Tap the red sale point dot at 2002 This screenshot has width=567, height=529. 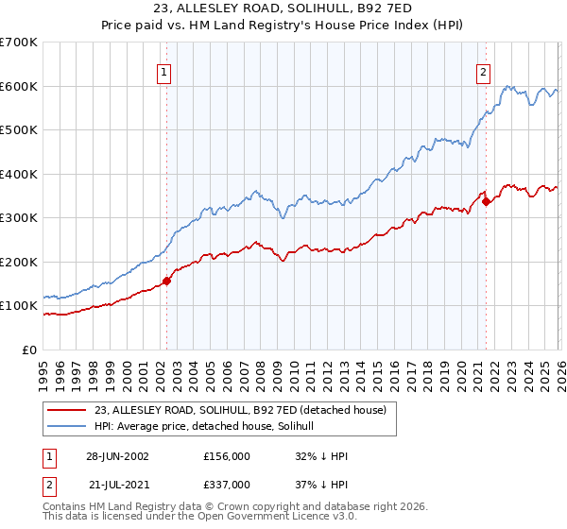167,281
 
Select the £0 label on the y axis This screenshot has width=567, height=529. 28,350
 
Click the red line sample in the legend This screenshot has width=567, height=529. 67,411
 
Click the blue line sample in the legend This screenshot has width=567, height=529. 67,427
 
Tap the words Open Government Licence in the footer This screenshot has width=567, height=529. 260,519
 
